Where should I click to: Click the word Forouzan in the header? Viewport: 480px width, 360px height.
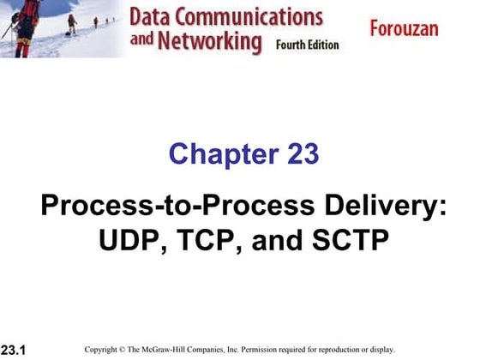point(404,29)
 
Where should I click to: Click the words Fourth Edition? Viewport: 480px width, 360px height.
point(308,44)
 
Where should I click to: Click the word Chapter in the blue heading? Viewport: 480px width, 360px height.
point(213,155)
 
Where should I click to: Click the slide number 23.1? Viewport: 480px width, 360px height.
point(13,350)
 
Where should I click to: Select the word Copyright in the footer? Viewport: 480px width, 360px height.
point(104,350)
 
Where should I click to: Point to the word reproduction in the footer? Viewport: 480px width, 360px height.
point(344,350)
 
